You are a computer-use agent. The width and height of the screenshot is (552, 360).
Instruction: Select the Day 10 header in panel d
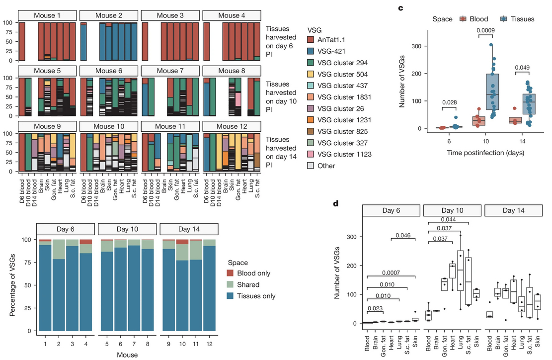point(452,210)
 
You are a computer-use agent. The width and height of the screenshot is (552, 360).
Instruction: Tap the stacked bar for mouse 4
point(86,285)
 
